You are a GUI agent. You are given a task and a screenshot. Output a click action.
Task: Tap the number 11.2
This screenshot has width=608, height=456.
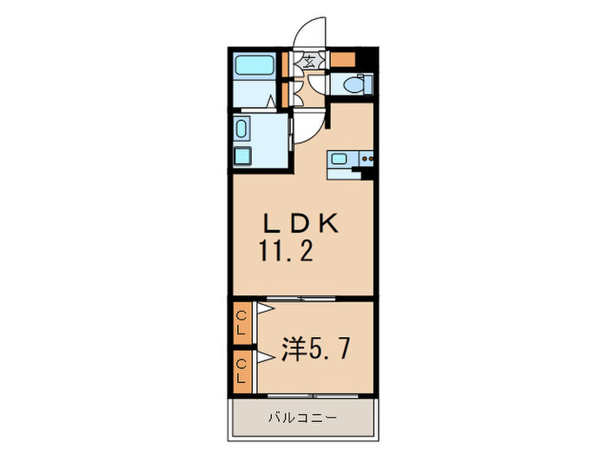click(x=284, y=252)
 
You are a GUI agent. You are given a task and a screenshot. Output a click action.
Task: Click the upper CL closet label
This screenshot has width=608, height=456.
click(x=242, y=322)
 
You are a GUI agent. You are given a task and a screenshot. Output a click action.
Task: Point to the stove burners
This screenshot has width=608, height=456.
click(x=366, y=159)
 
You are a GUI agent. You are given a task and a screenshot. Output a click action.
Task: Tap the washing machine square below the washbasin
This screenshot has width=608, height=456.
click(x=243, y=156)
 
